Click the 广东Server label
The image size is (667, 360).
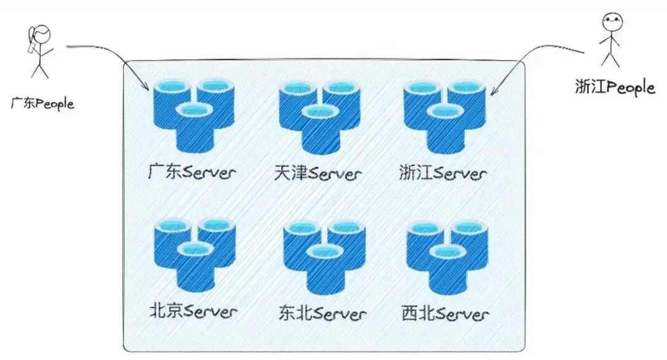(193, 172)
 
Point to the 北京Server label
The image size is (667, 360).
(193, 311)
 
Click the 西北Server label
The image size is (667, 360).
(445, 313)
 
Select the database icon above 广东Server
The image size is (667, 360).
(193, 115)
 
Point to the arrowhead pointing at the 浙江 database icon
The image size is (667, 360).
(493, 93)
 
